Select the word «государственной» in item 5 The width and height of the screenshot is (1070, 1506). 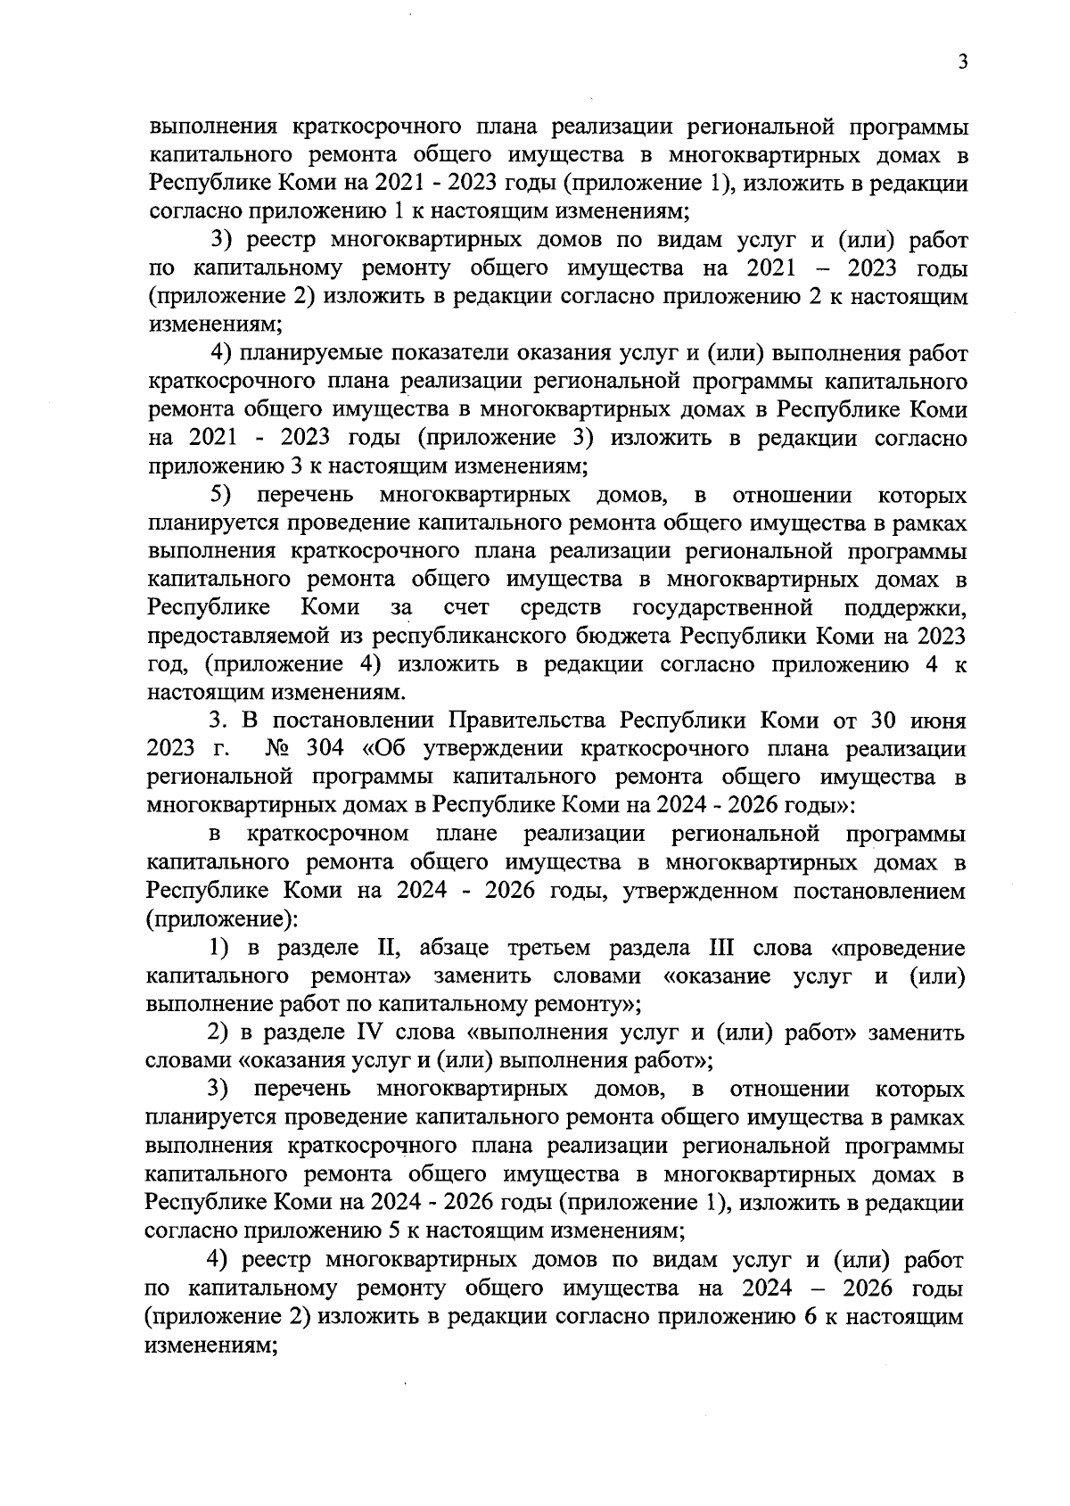722,607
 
